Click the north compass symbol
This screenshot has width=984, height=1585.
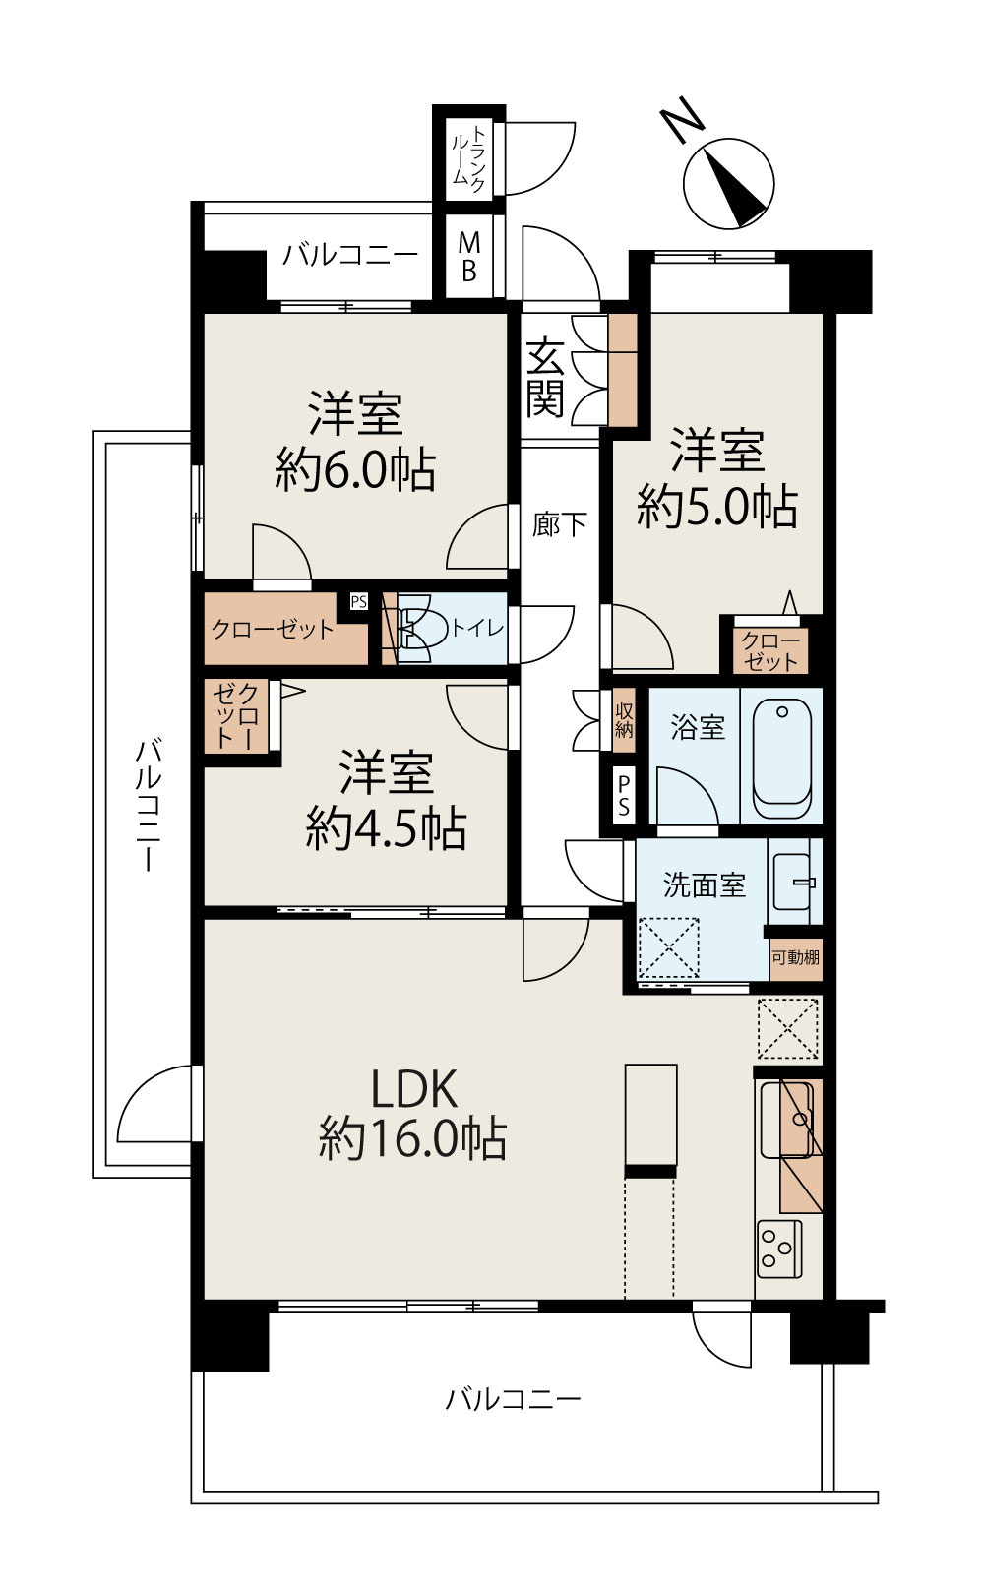729,183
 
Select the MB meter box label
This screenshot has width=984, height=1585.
469,256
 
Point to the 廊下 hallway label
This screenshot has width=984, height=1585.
559,524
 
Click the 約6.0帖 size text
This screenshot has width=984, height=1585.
355,469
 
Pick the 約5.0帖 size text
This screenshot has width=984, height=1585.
716,507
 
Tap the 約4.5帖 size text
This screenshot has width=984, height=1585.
386,828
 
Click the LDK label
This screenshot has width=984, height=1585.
413,1089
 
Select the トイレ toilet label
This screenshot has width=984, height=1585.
477,628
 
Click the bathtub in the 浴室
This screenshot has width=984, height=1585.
783,759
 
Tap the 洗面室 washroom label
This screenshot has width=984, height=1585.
704,884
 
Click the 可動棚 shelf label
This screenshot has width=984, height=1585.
795,957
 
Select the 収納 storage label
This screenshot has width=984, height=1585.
624,719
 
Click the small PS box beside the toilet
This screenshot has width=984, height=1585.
358,601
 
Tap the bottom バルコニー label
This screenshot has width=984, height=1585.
513,1398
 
